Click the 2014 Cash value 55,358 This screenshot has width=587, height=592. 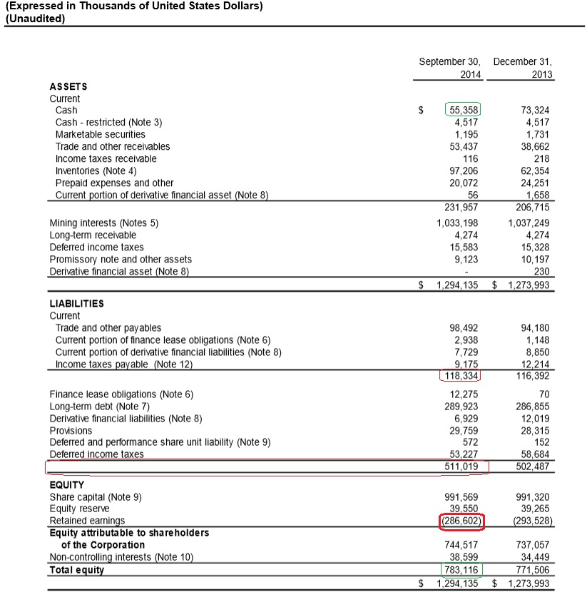(x=464, y=110)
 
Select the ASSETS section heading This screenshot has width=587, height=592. (x=68, y=86)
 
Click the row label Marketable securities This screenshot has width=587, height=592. (x=100, y=134)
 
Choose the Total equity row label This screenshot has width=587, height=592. (x=76, y=569)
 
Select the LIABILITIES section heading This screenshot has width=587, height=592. (x=76, y=303)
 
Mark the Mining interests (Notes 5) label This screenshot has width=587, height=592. (x=103, y=223)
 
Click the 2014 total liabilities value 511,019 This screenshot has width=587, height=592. (x=461, y=466)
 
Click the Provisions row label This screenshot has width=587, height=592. (x=71, y=430)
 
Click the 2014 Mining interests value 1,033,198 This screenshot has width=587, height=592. (x=457, y=223)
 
